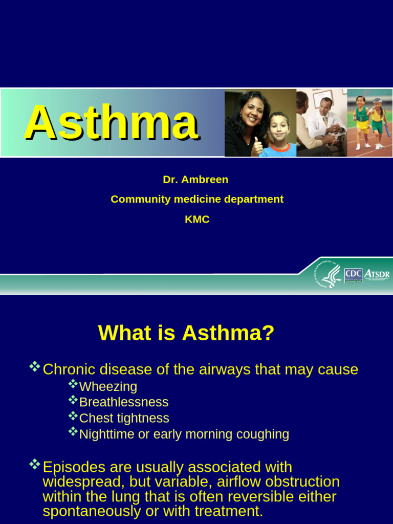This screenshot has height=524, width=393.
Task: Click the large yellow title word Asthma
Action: [112, 123]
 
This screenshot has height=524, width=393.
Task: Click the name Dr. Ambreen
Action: [195, 180]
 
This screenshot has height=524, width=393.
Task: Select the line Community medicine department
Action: [197, 199]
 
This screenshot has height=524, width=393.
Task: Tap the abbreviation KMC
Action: [197, 220]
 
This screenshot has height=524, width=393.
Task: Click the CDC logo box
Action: [353, 275]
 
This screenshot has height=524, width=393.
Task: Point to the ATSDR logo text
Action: [377, 274]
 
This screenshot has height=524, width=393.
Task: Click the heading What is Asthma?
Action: [186, 334]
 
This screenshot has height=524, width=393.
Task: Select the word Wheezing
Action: [108, 386]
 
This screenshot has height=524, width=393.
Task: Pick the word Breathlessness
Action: [124, 402]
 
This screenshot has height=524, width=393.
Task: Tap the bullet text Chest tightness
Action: [124, 418]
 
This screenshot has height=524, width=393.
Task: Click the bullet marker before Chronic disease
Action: [35, 366]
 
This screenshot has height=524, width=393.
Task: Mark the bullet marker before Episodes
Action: [35, 465]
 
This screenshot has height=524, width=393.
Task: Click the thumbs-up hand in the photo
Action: [257, 147]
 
